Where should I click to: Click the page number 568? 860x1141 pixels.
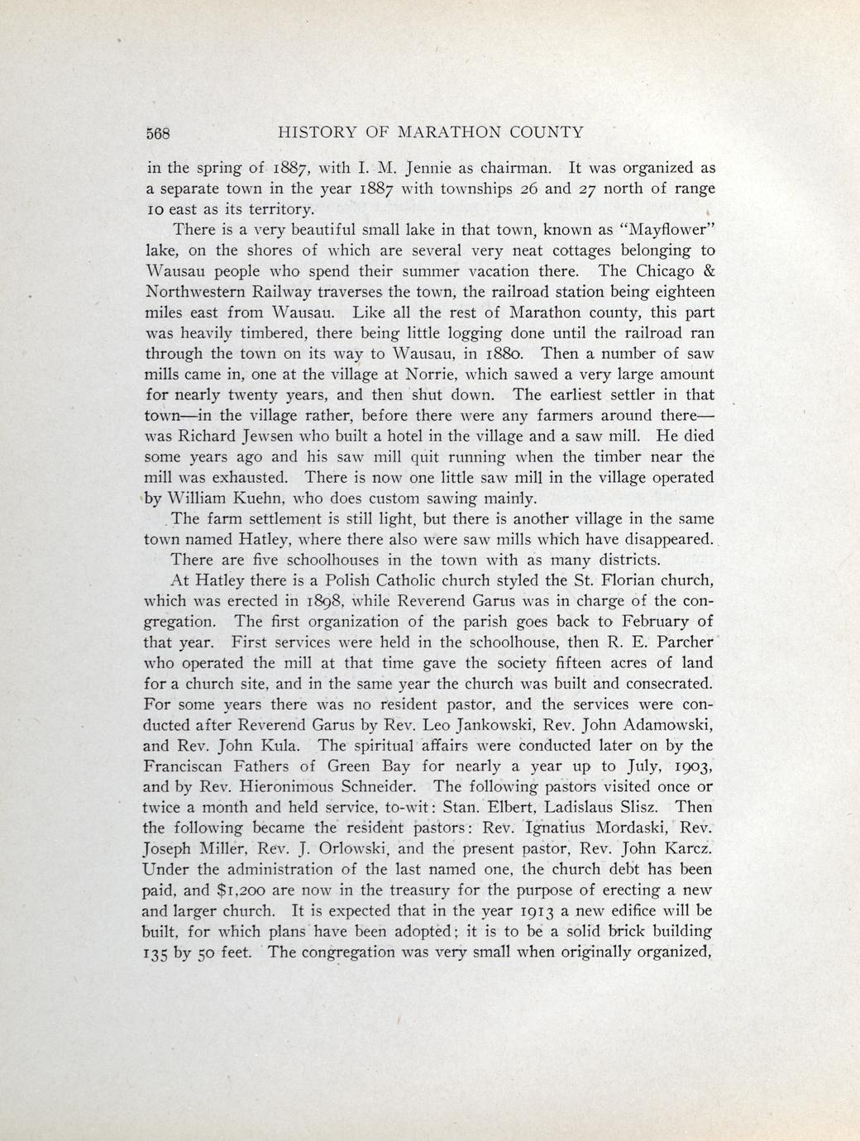[157, 132]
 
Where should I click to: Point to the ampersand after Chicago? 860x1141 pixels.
[709, 270]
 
